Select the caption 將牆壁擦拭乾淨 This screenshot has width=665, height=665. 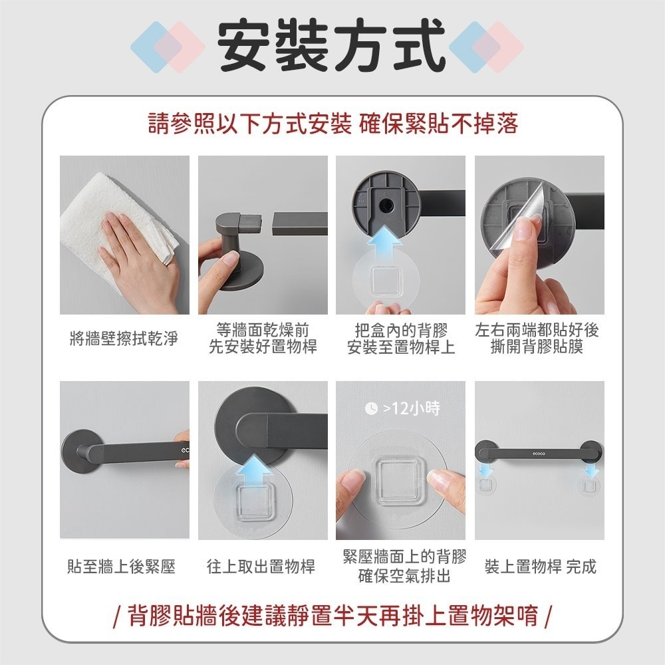pos(124,338)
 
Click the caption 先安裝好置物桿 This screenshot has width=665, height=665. pos(263,347)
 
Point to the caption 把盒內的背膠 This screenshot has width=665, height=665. pos(401,331)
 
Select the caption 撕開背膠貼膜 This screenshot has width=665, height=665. pos(537,347)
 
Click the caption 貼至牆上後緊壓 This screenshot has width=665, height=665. pos(122,567)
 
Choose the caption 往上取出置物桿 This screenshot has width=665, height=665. pos(261,567)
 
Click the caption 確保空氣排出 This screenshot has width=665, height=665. pos(404,576)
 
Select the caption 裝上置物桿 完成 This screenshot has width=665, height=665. pos(540,567)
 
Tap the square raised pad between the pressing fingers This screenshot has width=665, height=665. pos(398,480)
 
